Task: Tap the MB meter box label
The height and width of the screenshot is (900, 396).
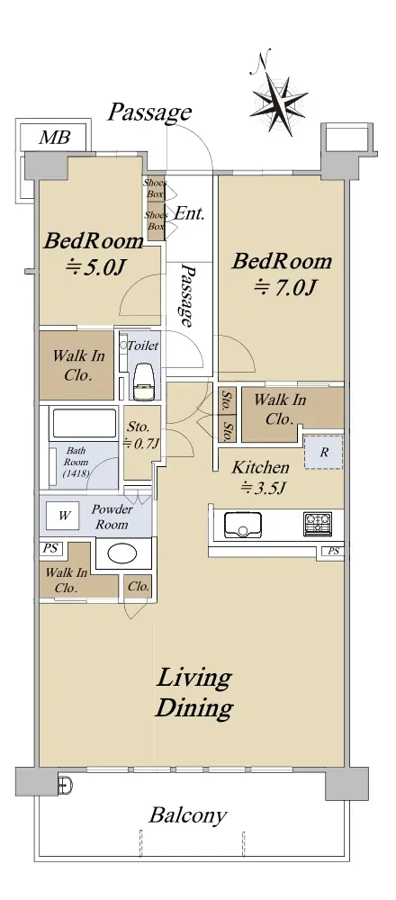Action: click(x=55, y=138)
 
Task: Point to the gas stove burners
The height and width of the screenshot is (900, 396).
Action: click(x=318, y=524)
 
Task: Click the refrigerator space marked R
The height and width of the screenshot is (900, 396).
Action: click(x=324, y=453)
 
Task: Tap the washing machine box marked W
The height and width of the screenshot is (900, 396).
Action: click(x=64, y=516)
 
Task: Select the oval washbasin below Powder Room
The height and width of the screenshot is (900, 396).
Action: click(x=122, y=554)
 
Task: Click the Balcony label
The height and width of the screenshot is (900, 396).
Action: click(x=188, y=815)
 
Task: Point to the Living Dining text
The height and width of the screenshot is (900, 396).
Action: click(x=194, y=693)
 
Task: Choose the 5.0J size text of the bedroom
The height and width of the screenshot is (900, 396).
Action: click(x=95, y=266)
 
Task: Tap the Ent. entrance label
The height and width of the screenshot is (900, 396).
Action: click(x=189, y=214)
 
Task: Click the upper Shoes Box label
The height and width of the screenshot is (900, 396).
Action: click(x=155, y=189)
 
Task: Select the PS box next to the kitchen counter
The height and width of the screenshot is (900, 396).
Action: click(x=333, y=552)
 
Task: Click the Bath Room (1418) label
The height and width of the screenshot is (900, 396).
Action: click(x=76, y=463)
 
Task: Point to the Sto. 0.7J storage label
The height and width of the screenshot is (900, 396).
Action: click(x=139, y=435)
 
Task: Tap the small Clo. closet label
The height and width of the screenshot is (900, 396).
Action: click(x=139, y=587)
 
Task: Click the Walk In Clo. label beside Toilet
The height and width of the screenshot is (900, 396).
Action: click(x=78, y=365)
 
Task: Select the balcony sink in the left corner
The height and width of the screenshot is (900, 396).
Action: click(x=64, y=783)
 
